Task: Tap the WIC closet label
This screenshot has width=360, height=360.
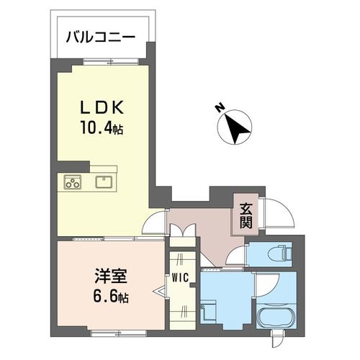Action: point(181,276)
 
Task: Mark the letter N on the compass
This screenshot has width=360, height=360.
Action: point(219,109)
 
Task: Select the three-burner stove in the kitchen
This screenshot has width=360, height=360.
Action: point(73,182)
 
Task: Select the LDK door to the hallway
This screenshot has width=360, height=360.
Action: point(154,224)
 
